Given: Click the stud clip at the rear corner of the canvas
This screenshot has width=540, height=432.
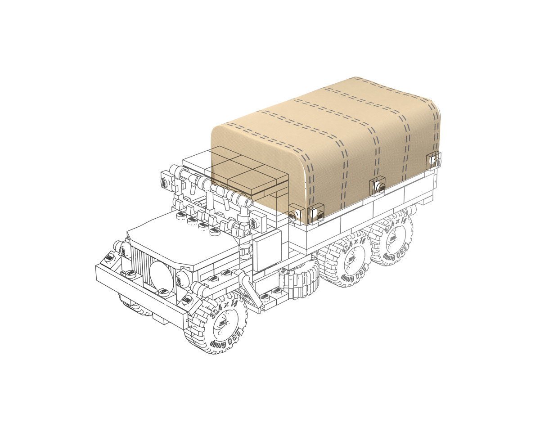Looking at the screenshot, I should [x=434, y=161].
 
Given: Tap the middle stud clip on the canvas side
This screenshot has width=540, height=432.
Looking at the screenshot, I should [x=377, y=185].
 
